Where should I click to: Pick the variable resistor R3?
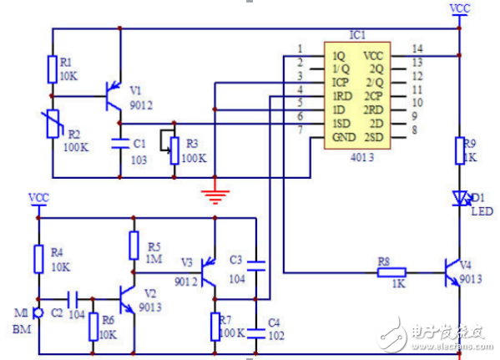[x=174, y=149]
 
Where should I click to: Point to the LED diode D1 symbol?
[x=458, y=198]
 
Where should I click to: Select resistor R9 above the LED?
[x=458, y=151]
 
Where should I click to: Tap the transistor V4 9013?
[x=453, y=271]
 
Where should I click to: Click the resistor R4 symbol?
[x=38, y=258]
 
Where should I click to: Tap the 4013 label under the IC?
[x=358, y=157]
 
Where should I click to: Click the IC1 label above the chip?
[x=357, y=37]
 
